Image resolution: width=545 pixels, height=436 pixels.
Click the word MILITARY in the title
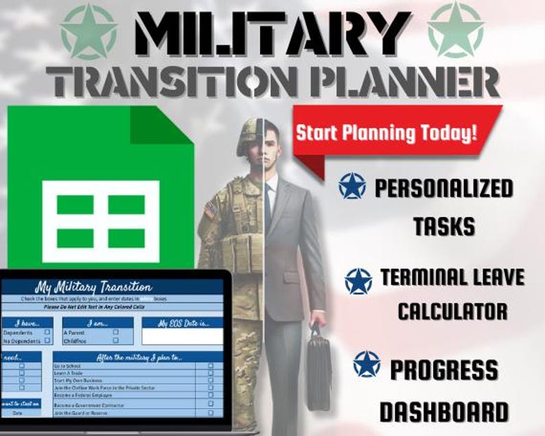(272, 32)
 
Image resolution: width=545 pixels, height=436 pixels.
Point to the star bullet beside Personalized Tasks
(352, 186)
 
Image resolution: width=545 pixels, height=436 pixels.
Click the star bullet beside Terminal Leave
(358, 281)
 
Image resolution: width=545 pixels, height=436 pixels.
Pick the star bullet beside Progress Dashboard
(367, 365)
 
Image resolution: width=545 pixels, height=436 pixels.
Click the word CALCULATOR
(452, 310)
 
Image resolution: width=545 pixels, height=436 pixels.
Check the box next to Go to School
(210, 367)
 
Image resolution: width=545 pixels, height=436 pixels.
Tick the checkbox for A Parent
(115, 332)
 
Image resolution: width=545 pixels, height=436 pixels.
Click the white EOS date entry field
(183, 336)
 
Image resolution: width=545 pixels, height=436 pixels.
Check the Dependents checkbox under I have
(47, 332)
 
